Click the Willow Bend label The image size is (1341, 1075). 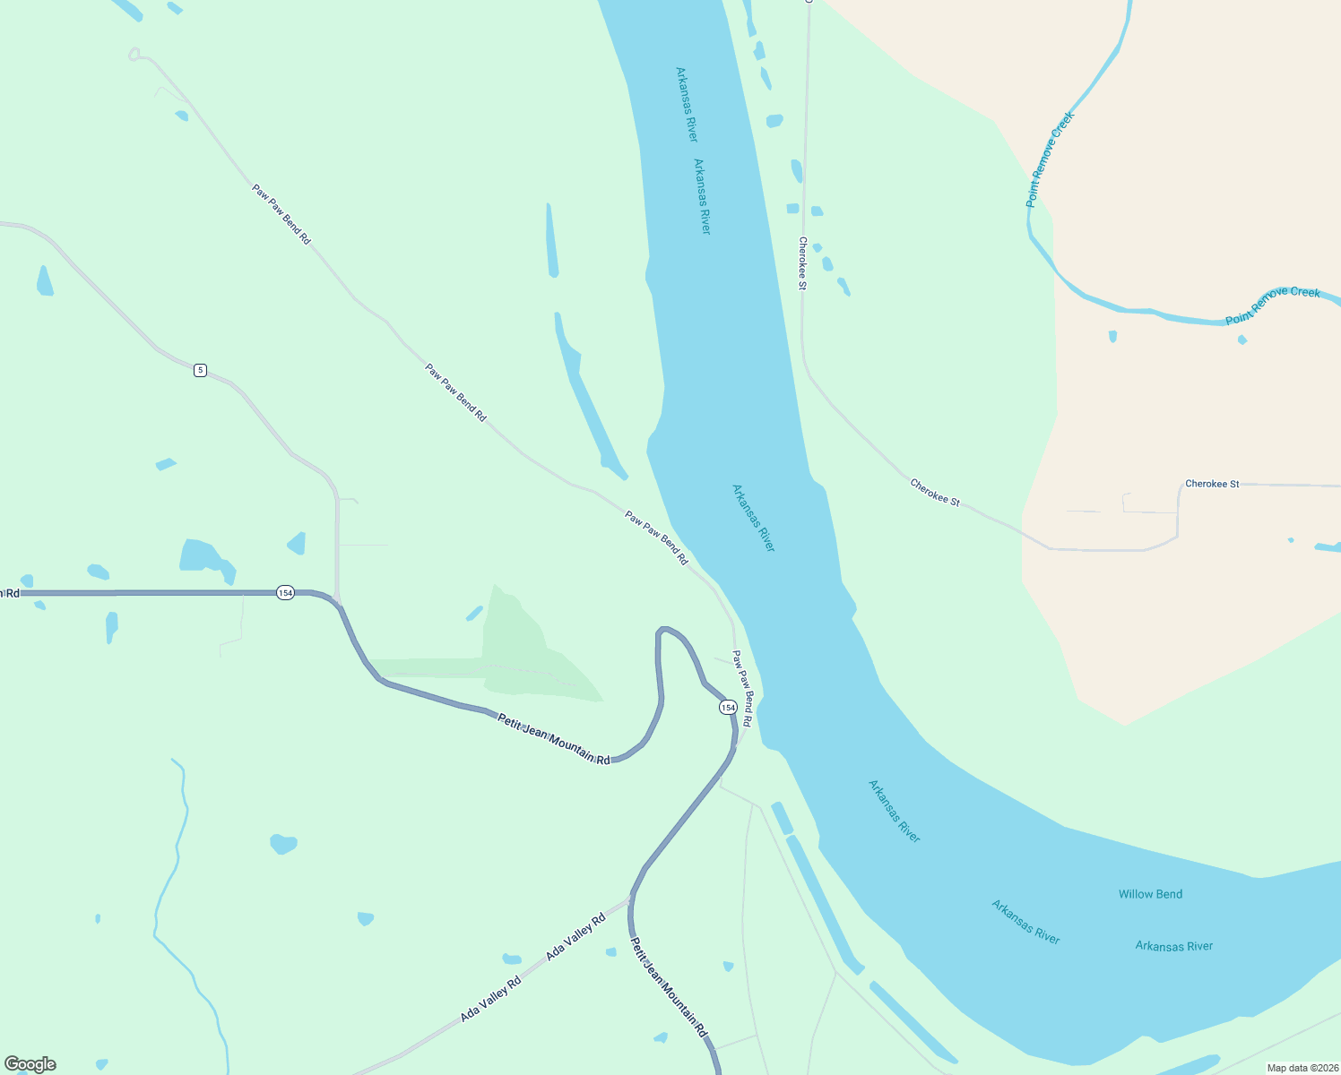pos(1150,894)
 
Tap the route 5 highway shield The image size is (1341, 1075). pos(200,370)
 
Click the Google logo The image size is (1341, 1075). pos(30,1064)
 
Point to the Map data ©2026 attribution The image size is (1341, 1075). pos(1301,1068)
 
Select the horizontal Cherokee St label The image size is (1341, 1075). pos(1212,484)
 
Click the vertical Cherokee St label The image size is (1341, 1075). pos(803,262)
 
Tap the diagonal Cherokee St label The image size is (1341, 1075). pos(935,493)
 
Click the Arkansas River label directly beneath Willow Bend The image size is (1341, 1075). pos(1173,946)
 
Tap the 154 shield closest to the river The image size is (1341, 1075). pos(728,708)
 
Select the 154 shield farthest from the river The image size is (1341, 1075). pos(285,593)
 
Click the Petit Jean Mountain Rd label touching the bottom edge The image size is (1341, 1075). pos(669,987)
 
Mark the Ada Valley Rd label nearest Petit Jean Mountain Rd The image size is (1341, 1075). pos(575,938)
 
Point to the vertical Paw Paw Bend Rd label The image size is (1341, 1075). pos(742,688)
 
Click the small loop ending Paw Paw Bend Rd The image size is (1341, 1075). pos(134,55)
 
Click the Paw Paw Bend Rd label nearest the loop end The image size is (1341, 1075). pos(281,215)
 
